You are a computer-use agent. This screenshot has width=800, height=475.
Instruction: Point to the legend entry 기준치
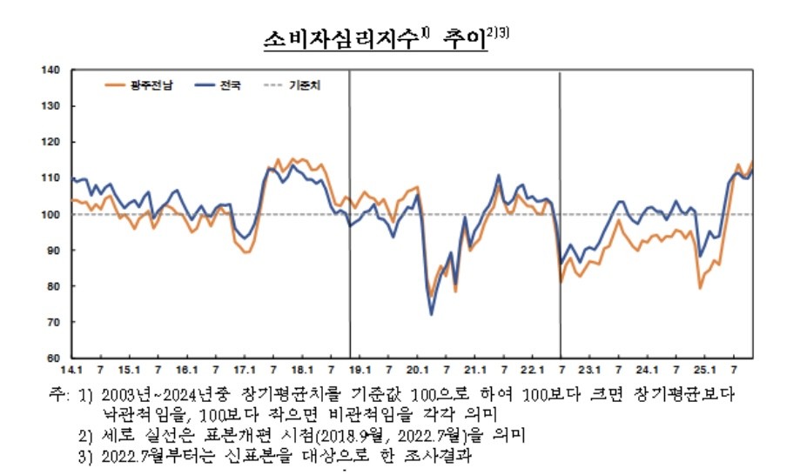coord(305,85)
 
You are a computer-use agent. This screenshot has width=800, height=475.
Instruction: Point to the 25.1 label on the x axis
coord(704,371)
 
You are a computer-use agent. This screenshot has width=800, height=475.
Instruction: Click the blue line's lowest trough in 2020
coord(432,314)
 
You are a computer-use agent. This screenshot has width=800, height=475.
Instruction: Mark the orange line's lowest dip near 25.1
coord(700,288)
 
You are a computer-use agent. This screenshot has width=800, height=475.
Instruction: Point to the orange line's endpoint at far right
coord(753,162)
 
